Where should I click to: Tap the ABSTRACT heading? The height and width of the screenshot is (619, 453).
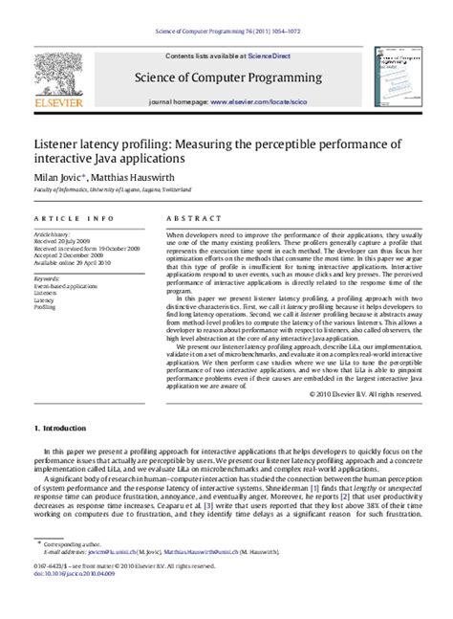click(x=187, y=218)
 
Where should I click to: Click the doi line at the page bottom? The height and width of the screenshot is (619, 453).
click(x=76, y=603)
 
